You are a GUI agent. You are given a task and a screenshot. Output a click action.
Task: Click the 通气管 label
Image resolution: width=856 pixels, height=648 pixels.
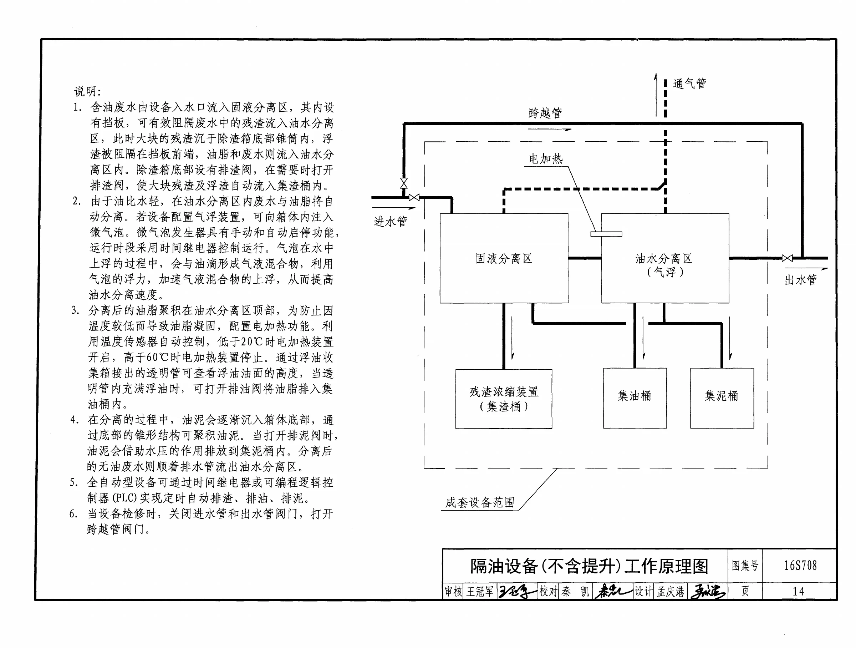click(689, 83)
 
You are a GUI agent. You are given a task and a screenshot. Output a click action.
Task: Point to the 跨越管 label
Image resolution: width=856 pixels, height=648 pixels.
click(545, 113)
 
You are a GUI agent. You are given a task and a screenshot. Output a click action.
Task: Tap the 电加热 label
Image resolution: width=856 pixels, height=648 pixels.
click(546, 158)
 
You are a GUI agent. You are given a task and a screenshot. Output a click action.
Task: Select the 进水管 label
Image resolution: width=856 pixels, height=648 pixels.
click(390, 222)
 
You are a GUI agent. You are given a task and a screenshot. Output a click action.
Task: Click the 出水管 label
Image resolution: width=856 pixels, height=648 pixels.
click(801, 279)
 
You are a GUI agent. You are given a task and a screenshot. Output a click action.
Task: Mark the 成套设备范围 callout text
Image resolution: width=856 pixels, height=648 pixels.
click(480, 502)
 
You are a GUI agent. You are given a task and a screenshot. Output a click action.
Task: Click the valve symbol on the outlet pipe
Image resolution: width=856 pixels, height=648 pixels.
click(787, 258)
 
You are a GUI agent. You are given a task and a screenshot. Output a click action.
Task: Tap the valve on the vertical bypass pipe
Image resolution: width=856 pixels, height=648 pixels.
click(404, 183)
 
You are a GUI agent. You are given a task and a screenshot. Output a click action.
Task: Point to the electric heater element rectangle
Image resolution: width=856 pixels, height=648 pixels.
click(606, 234)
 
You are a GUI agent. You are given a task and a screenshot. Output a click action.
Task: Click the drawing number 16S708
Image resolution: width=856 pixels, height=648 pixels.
click(800, 566)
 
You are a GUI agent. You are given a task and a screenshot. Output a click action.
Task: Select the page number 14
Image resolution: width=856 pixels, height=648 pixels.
click(798, 592)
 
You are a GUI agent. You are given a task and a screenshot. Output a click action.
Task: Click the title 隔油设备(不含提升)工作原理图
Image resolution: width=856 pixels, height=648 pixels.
click(589, 566)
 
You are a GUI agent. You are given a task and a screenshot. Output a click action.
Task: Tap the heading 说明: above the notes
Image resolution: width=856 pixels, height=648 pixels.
click(87, 91)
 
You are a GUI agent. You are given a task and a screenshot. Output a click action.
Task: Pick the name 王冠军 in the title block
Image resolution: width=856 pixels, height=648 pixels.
click(480, 592)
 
